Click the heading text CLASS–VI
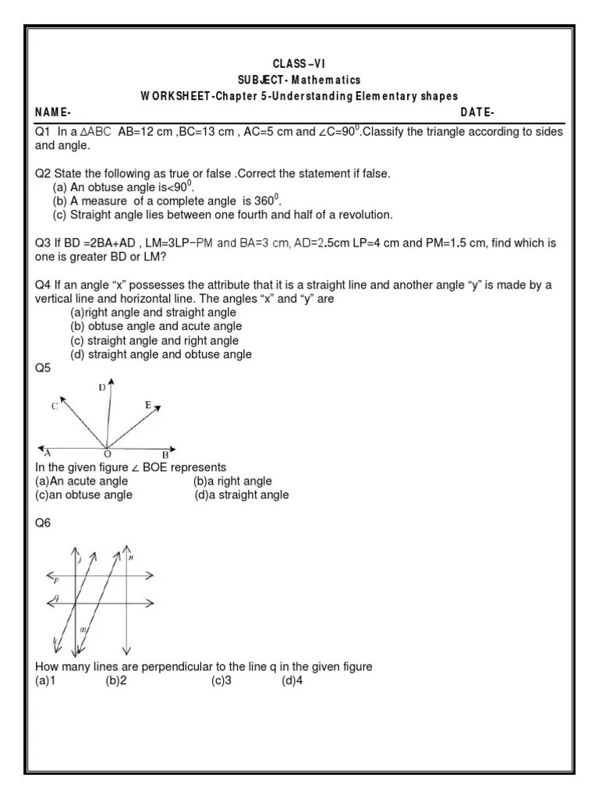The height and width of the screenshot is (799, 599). click(300, 62)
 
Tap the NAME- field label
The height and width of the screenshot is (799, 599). click(51, 112)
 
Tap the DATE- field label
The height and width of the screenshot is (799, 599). click(477, 112)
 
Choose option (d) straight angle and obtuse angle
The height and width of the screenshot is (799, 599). click(161, 355)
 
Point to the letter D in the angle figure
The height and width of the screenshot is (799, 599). click(102, 388)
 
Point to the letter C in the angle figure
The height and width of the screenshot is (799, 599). click(54, 406)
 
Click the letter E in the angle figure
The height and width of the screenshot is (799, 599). click(148, 405)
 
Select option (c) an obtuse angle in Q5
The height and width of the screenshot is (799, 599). click(83, 495)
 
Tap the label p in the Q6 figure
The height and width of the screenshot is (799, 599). click(56, 581)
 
